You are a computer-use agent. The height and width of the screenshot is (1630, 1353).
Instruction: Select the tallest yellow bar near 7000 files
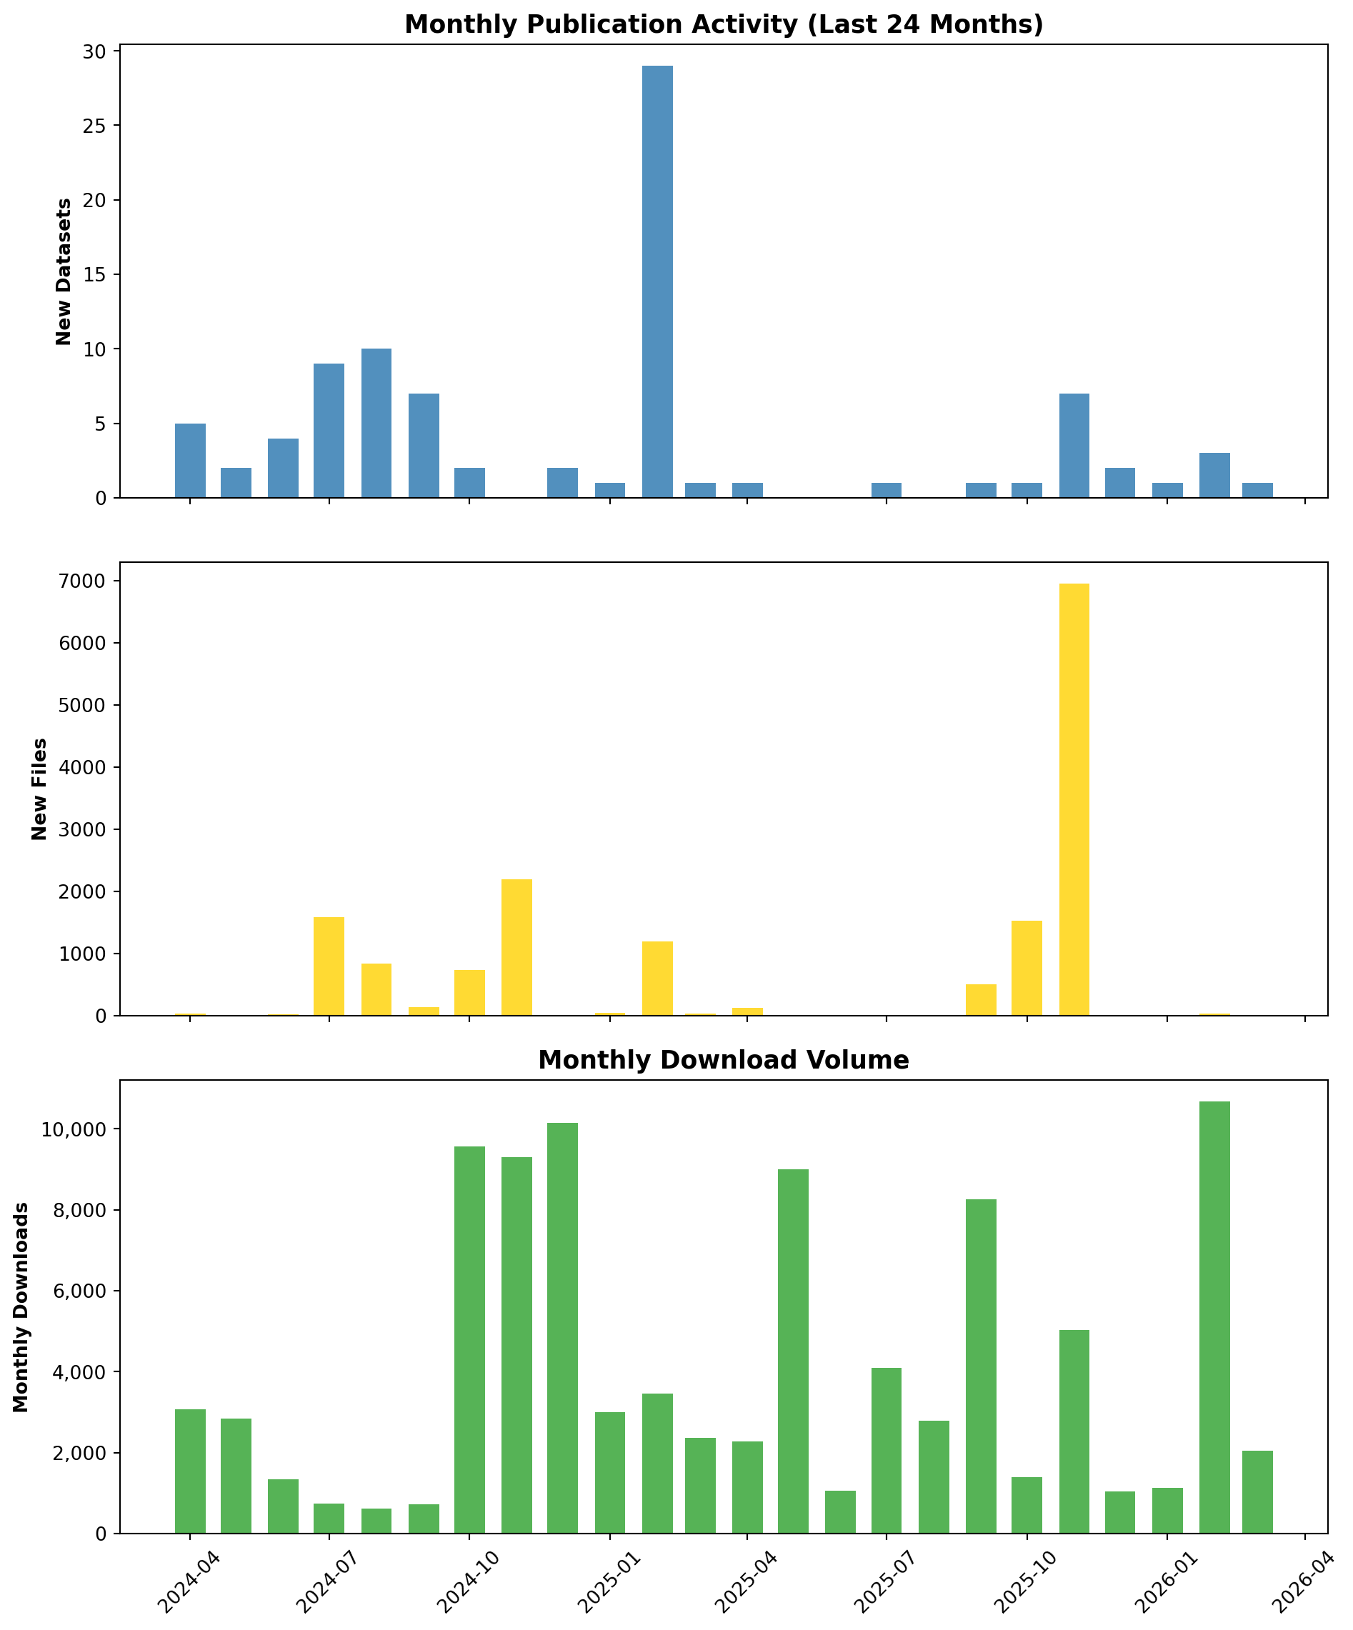[1074, 799]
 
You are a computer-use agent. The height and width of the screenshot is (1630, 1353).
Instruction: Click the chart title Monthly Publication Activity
[724, 24]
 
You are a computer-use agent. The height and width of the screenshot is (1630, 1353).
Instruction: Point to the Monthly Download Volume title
[724, 1060]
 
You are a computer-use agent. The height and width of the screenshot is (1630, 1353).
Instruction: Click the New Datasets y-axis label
[64, 271]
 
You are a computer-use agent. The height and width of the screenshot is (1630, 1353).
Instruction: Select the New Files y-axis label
[39, 789]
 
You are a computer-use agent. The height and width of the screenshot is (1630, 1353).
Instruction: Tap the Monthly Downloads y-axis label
[21, 1307]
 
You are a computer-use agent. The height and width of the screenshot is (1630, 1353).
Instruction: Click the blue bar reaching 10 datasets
[376, 423]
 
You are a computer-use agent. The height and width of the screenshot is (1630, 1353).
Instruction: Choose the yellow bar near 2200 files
[516, 947]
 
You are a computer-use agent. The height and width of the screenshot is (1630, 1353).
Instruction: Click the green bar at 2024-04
[190, 1471]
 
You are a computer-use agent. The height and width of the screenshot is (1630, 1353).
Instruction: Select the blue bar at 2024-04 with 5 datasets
[190, 460]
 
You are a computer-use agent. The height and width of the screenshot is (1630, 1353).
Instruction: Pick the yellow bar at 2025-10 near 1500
[1027, 968]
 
